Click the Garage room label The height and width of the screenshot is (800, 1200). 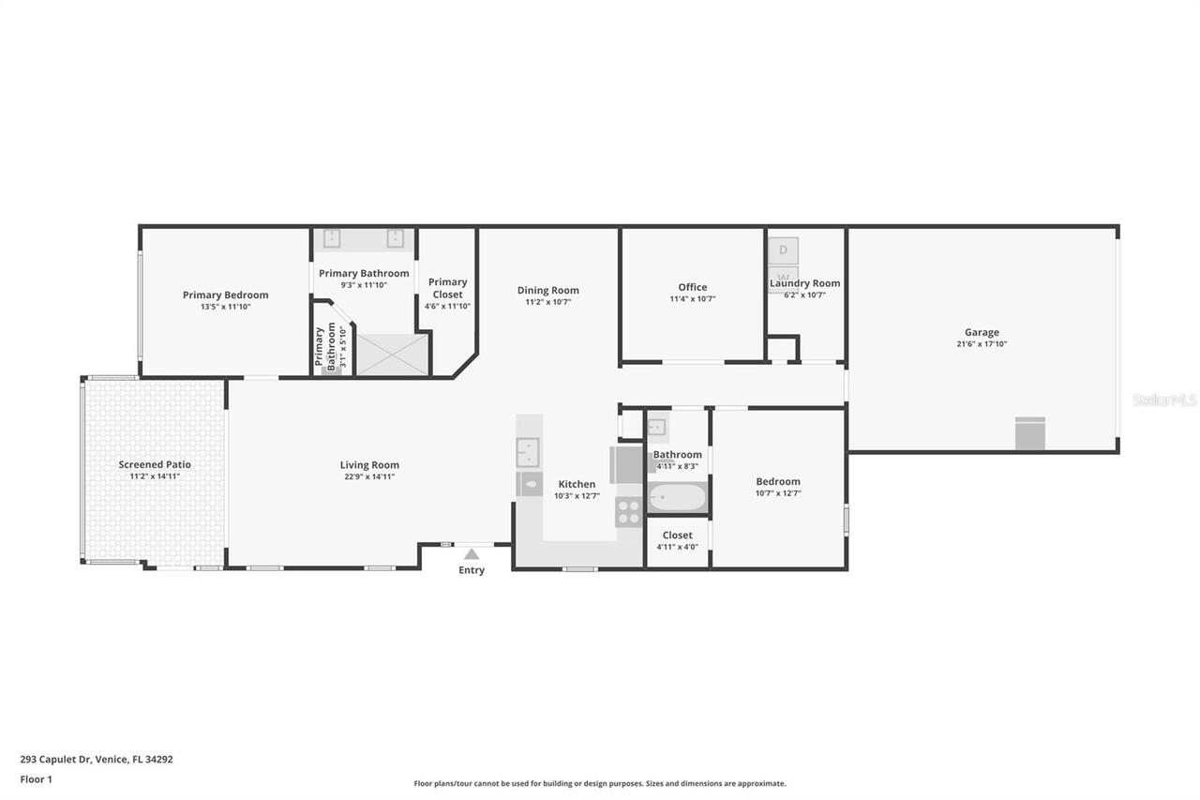[x=982, y=332]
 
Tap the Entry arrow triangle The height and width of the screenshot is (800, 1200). [x=472, y=554]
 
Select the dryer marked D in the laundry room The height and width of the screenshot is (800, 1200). [x=783, y=250]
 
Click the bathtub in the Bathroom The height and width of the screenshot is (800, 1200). [x=677, y=497]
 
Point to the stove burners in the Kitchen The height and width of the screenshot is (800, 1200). [x=628, y=512]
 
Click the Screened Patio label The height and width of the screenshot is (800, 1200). [x=155, y=464]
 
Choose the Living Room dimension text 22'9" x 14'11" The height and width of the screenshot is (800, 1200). [x=369, y=476]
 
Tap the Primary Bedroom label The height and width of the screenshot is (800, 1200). [x=225, y=294]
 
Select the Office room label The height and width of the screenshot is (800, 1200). [x=693, y=287]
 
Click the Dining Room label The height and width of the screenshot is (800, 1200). [x=548, y=290]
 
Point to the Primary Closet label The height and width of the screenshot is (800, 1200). [x=447, y=288]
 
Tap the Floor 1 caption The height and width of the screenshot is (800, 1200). [x=37, y=778]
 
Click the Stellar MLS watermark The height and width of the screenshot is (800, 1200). [x=1164, y=400]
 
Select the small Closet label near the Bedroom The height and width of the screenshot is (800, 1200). [x=677, y=536]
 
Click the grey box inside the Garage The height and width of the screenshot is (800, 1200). [x=1029, y=434]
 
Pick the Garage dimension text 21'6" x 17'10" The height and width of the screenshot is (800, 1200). [x=982, y=344]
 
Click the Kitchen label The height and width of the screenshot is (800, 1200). [x=577, y=484]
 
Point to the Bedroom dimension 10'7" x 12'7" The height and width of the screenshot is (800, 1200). [x=778, y=493]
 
